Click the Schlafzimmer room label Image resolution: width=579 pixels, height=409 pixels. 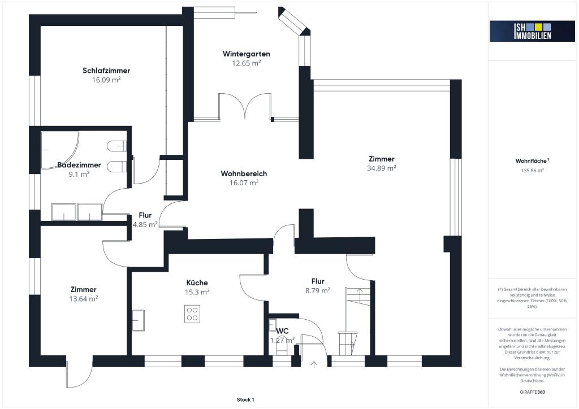(x=106, y=71)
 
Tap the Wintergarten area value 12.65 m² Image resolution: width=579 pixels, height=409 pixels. (x=246, y=63)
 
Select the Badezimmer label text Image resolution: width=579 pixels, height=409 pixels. (x=79, y=165)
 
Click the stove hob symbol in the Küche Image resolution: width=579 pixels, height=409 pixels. (x=192, y=314)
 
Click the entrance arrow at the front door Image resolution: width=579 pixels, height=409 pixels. (x=314, y=364)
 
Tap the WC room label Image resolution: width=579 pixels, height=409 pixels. (x=283, y=330)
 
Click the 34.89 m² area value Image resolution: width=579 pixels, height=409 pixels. (x=382, y=168)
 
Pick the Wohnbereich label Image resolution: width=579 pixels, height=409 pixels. (x=244, y=173)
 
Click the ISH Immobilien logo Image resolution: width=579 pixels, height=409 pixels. (x=524, y=31)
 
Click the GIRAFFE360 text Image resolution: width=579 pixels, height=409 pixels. (x=532, y=391)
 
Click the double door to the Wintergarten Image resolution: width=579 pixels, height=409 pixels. (x=244, y=107)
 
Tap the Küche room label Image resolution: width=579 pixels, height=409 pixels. (x=197, y=282)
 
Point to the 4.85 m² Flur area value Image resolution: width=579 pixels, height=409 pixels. (x=145, y=224)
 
